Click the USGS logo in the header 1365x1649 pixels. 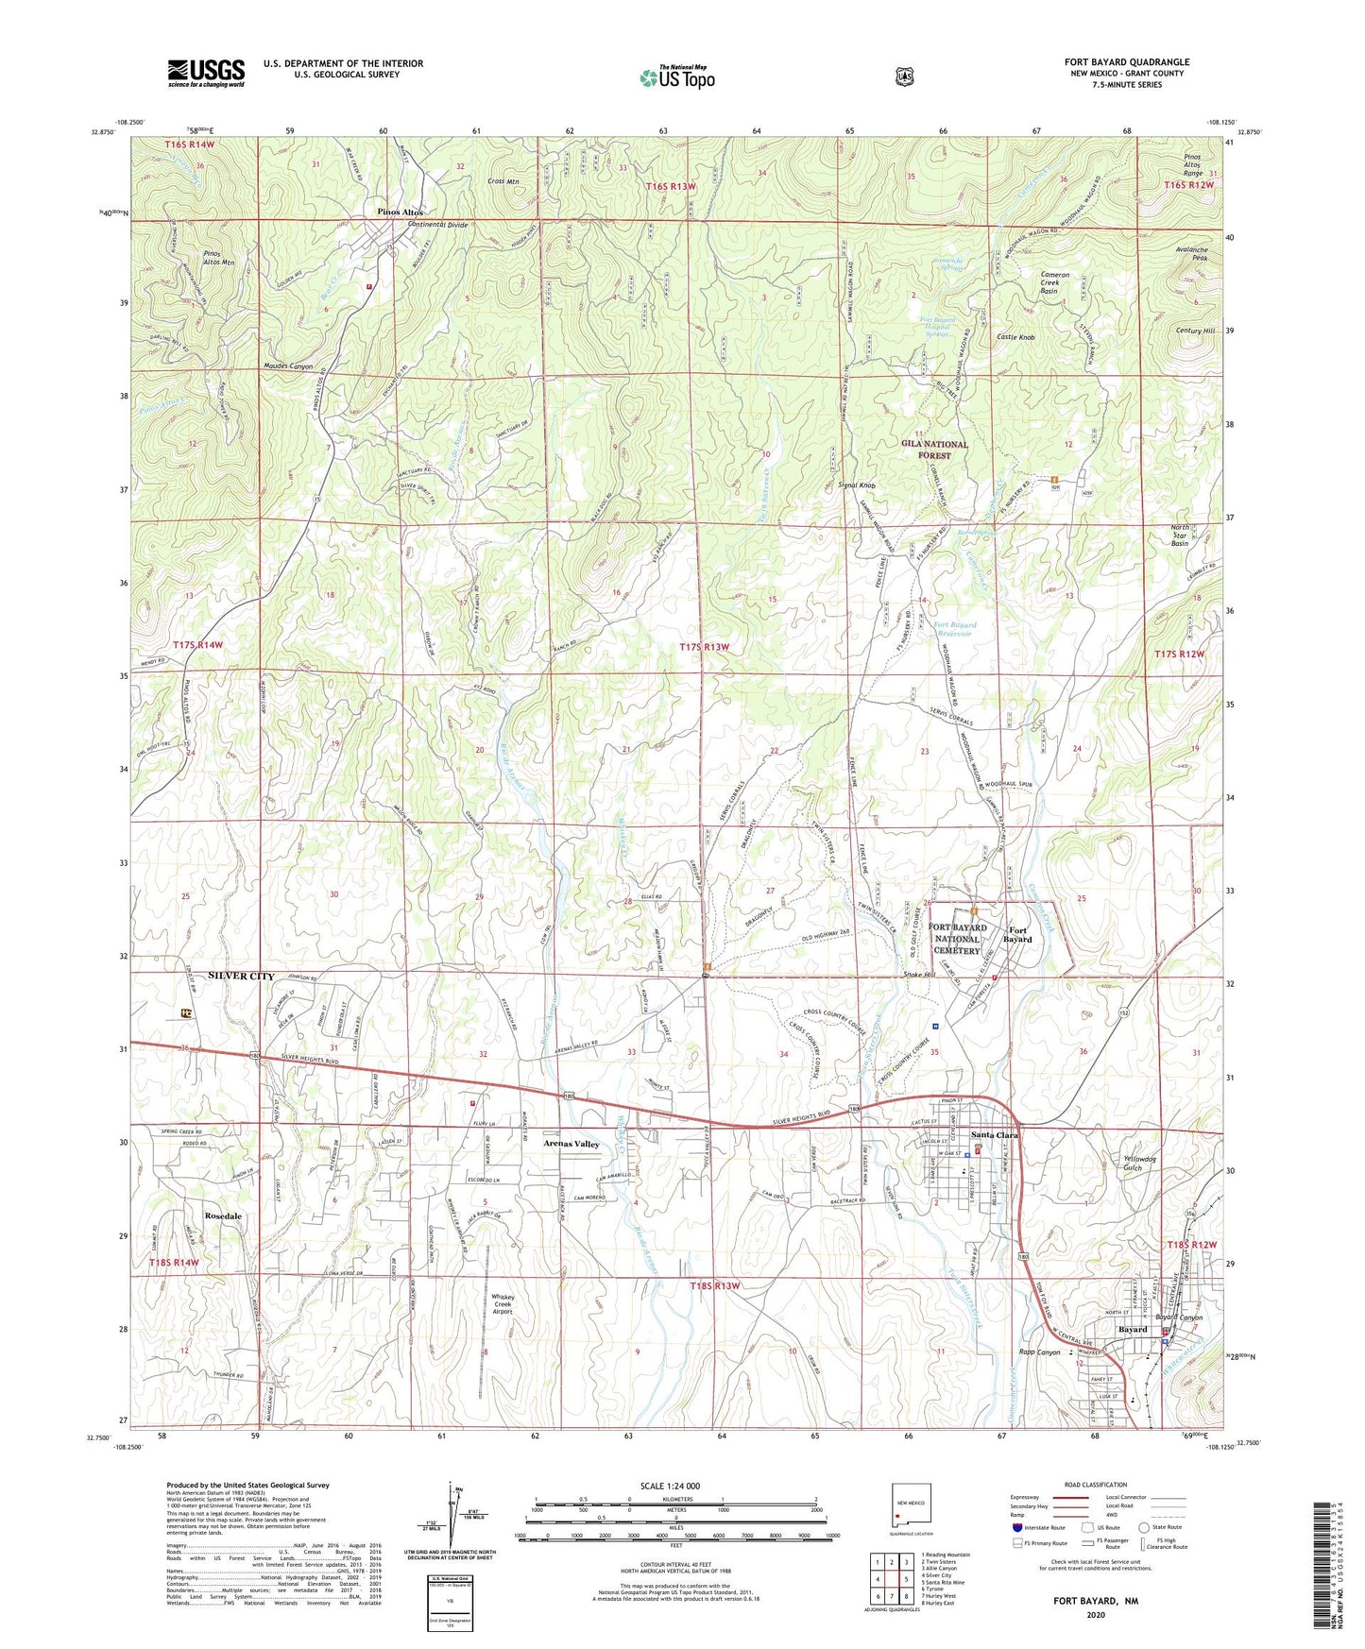(206, 72)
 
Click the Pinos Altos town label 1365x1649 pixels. (400, 212)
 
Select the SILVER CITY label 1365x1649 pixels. (241, 976)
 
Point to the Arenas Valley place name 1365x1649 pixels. (571, 1144)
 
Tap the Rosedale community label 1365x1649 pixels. (223, 1215)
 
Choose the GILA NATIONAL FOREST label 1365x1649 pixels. (933, 449)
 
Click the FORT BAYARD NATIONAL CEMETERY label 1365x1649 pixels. (958, 939)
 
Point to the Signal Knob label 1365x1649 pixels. (857, 485)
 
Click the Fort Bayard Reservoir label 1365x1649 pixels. (955, 629)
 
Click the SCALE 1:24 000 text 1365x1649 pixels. (670, 1486)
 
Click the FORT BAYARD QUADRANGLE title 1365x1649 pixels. (1126, 62)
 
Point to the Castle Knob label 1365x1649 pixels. (1015, 337)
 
